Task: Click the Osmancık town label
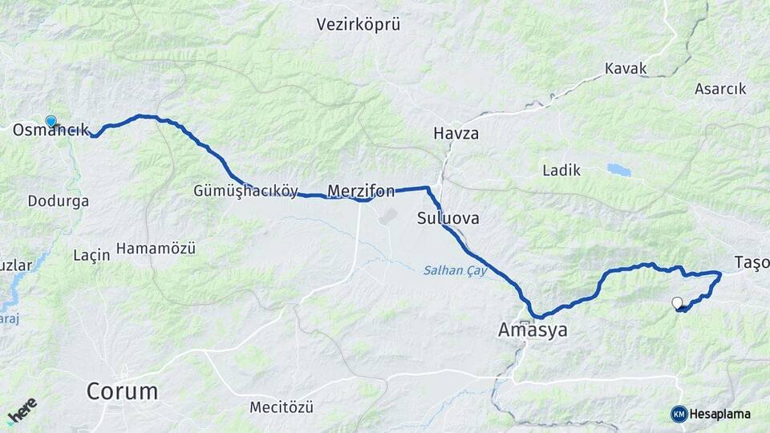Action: [x=51, y=131]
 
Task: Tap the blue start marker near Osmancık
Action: [x=51, y=121]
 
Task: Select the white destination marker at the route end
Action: [x=677, y=302]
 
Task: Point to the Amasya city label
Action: [x=533, y=330]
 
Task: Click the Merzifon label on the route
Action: [x=361, y=191]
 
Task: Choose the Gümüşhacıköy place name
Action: [x=245, y=191]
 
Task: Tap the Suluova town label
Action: [x=448, y=217]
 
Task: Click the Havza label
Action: [x=456, y=133]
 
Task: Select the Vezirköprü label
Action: [x=359, y=25]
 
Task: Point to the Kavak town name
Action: [x=626, y=68]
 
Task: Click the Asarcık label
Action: [x=721, y=89]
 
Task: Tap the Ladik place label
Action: [x=561, y=170]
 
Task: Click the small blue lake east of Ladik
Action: [x=618, y=170]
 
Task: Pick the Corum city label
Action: [x=122, y=392]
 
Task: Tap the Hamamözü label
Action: [x=156, y=249]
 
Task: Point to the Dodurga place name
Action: [x=59, y=201]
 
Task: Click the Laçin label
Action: [x=91, y=255]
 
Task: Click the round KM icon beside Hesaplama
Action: [x=679, y=414]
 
